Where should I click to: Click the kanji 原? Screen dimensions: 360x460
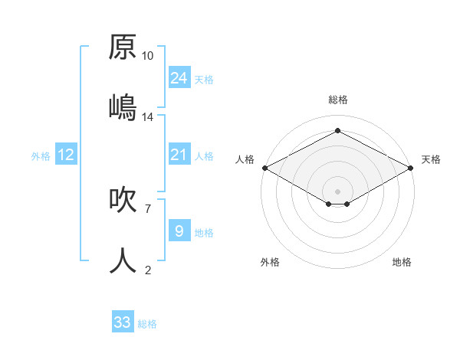[123, 47]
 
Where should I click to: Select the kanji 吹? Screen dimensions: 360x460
[123, 200]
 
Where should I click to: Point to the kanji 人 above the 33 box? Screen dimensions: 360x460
[123, 261]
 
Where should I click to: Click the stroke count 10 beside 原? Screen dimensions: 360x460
[148, 56]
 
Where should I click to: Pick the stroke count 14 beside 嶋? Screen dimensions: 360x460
[148, 117]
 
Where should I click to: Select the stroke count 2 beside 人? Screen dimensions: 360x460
[148, 270]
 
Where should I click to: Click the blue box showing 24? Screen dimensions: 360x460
[179, 78]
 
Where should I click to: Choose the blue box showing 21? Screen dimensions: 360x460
[179, 155]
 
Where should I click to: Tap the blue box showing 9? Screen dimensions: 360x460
[179, 231]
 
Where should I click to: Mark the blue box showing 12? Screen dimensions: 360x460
[66, 155]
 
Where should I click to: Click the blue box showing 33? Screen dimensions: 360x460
[123, 322]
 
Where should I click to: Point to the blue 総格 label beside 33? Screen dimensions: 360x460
[147, 324]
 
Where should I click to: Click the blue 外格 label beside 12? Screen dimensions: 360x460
[41, 156]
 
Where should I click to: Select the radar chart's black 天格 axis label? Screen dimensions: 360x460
[432, 159]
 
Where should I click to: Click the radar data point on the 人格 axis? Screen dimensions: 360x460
[264, 168]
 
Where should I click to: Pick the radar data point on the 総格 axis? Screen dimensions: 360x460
[337, 131]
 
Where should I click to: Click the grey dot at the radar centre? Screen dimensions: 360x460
[337, 190]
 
